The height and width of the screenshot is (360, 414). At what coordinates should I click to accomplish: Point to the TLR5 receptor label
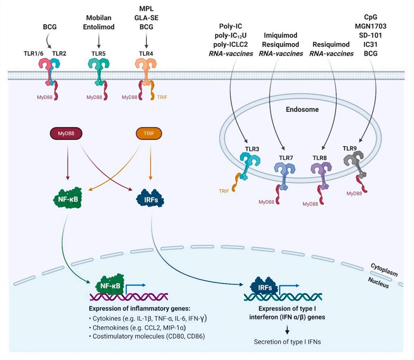click(x=98, y=54)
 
